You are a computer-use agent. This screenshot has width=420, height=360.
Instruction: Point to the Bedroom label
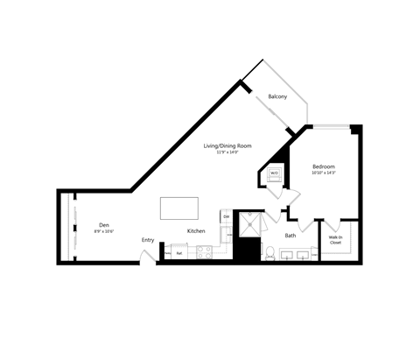coord(324,166)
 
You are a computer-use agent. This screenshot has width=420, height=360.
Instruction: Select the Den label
coord(104,224)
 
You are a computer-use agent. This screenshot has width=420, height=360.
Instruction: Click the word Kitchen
coord(196,231)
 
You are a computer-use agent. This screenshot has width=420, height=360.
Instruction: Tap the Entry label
coord(148,240)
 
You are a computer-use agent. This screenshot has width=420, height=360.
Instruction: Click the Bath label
coord(290,235)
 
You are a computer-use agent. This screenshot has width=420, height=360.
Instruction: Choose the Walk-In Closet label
coord(335,240)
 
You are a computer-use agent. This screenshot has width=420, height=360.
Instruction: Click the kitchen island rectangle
coord(178,210)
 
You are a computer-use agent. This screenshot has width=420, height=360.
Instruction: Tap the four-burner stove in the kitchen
coord(204,253)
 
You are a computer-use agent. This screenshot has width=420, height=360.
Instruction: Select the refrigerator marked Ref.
coord(179,253)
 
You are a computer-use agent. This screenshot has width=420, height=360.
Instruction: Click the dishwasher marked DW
coord(225,215)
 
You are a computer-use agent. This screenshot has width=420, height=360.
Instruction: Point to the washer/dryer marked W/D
coord(273,173)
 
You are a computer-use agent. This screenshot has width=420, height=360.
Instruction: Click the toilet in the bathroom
coord(271,254)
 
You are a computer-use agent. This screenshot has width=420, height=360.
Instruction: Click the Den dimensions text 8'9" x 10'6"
coord(104,232)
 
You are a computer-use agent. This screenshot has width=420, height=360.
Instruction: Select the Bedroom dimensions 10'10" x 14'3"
coord(324,173)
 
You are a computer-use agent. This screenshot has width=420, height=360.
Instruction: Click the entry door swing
coord(149,256)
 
